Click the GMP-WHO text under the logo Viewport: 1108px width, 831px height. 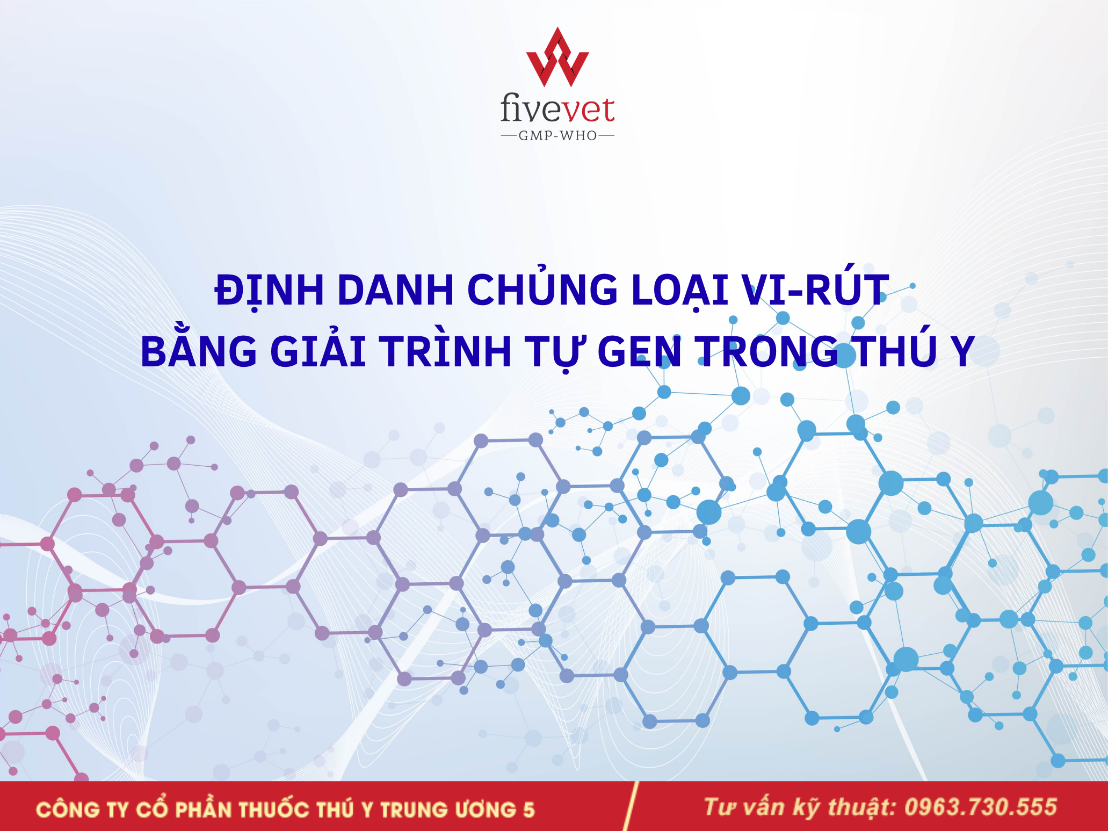point(557,136)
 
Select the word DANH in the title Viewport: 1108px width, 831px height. point(396,290)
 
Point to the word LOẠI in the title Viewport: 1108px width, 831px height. point(679,291)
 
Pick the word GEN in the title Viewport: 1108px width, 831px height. point(640,351)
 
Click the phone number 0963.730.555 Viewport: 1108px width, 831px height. point(981,807)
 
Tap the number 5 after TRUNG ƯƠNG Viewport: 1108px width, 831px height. point(529,810)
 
